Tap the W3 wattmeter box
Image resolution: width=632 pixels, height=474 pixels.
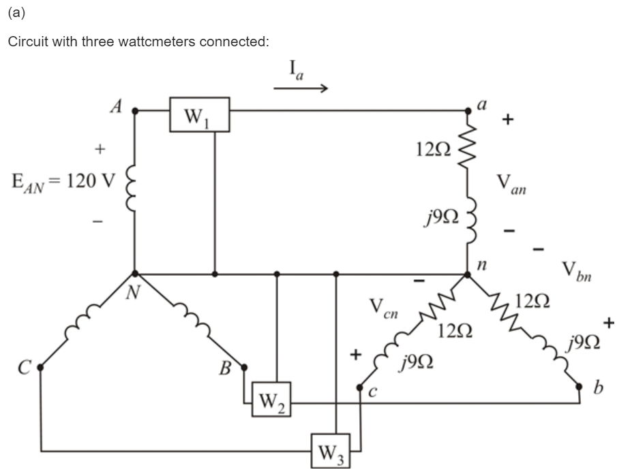coord(331,449)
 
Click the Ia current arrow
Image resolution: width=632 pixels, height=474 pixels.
coord(301,88)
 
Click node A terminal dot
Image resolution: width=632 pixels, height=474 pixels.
coord(135,110)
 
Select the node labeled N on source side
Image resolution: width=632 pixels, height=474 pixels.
coord(135,274)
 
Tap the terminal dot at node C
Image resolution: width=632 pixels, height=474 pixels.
coord(40,366)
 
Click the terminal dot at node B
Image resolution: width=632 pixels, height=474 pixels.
coord(243,366)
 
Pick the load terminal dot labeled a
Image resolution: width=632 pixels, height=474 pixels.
coord(468,110)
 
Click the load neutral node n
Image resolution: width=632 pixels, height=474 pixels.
coord(468,274)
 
